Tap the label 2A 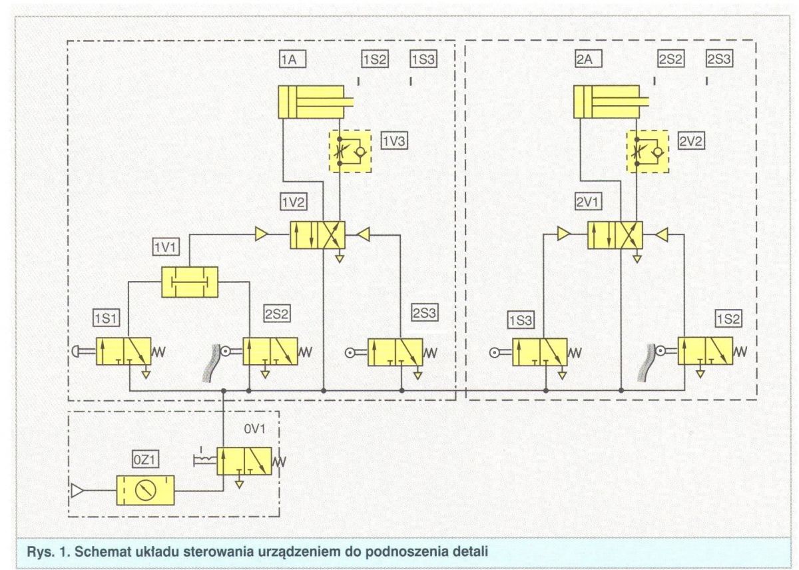589,59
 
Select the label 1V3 394,141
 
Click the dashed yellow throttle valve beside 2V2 647,152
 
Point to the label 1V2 293,202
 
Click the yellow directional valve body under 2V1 615,235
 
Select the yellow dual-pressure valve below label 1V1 190,282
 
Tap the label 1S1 107,318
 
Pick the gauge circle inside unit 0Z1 146,490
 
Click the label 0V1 254,429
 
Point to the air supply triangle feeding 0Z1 77,490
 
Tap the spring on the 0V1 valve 279,462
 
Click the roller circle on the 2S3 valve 350,353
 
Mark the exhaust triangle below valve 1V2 340,258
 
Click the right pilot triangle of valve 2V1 661,234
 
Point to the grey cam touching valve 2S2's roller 210,361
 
